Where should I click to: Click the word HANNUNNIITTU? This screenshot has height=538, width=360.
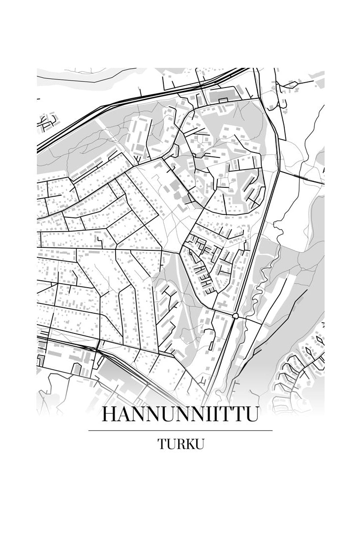tap(180, 415)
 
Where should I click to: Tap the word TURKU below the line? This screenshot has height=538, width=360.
tap(180, 444)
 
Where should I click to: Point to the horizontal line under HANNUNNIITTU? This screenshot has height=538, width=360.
tap(180, 430)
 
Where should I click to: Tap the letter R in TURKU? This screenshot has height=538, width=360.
tap(179, 444)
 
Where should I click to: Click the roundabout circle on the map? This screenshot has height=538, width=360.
tap(236, 316)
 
